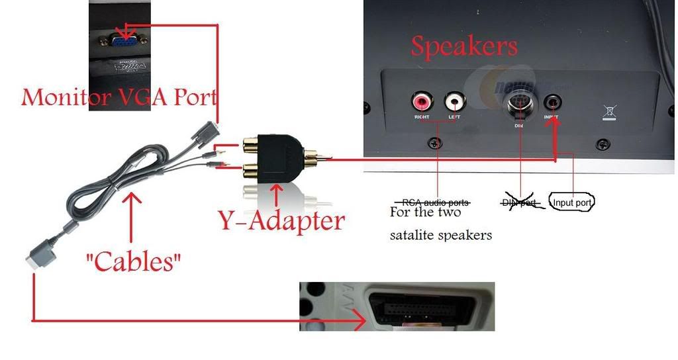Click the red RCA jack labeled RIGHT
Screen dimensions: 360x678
[421, 102]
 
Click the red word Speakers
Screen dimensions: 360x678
[463, 46]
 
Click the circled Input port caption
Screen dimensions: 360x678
[573, 202]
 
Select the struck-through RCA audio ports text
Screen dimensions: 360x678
[436, 201]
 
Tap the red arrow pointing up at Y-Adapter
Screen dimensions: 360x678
[277, 196]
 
